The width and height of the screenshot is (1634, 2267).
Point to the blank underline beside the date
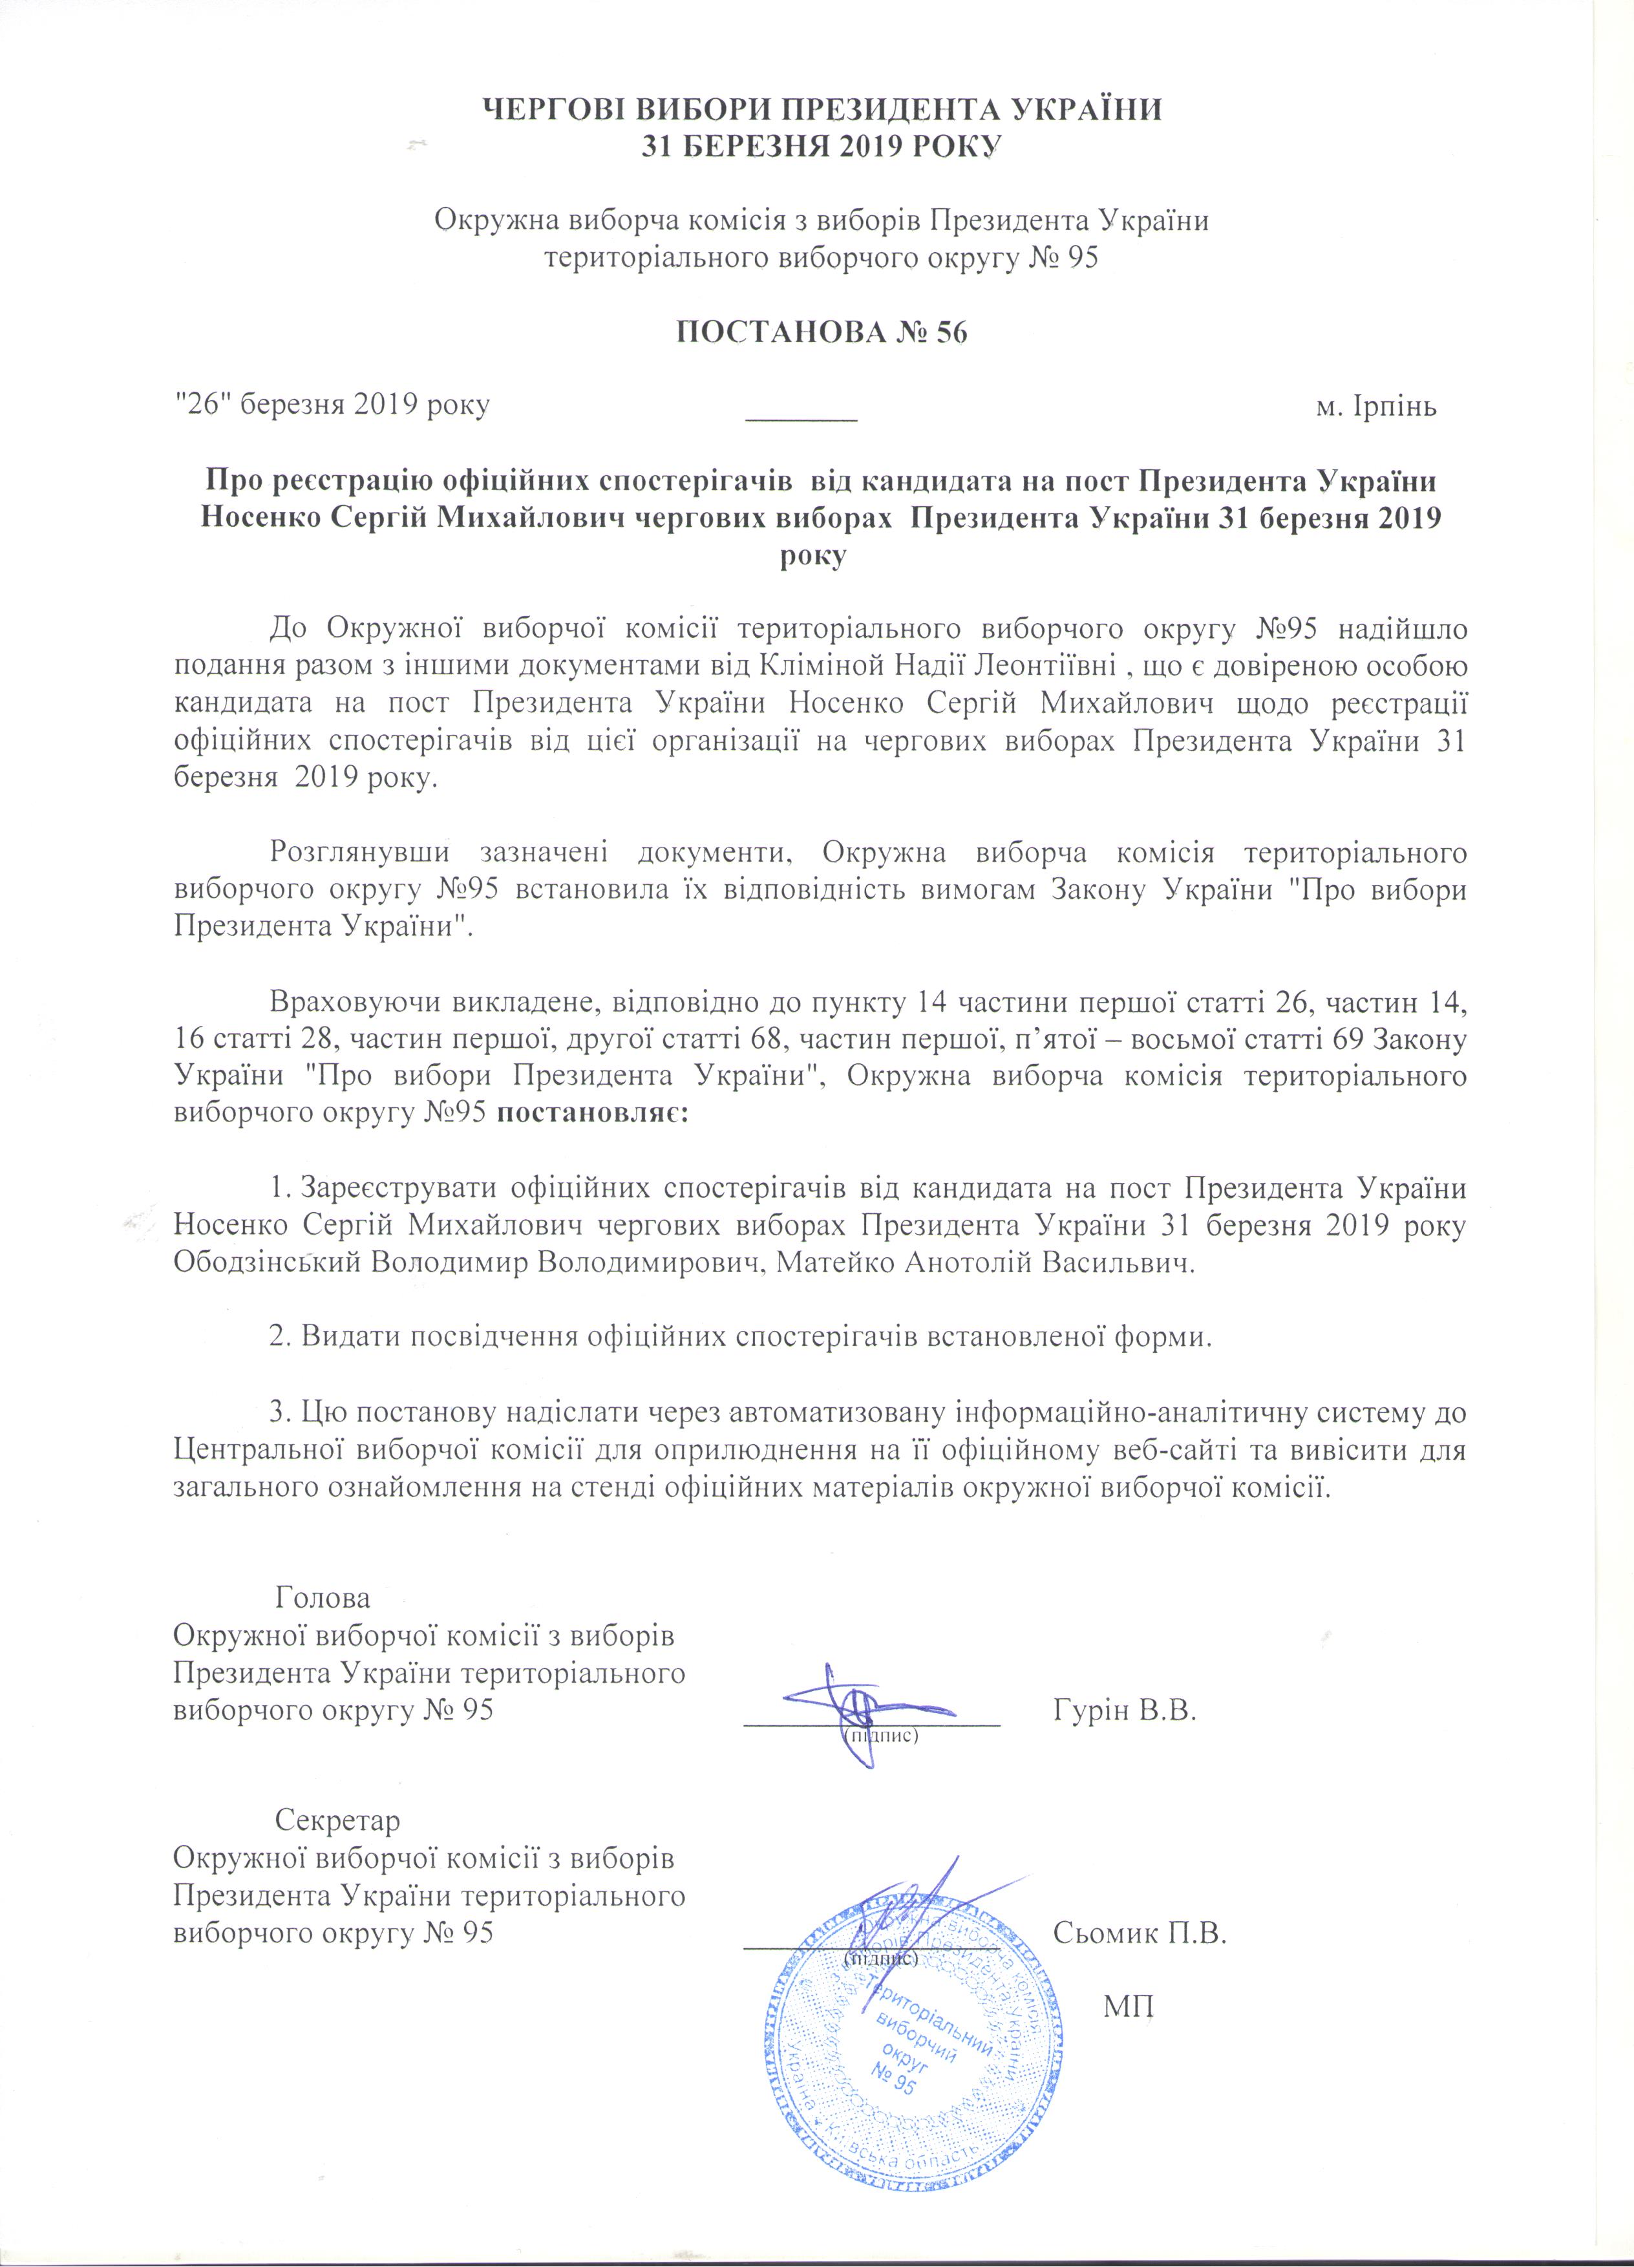pyautogui.click(x=803, y=418)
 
